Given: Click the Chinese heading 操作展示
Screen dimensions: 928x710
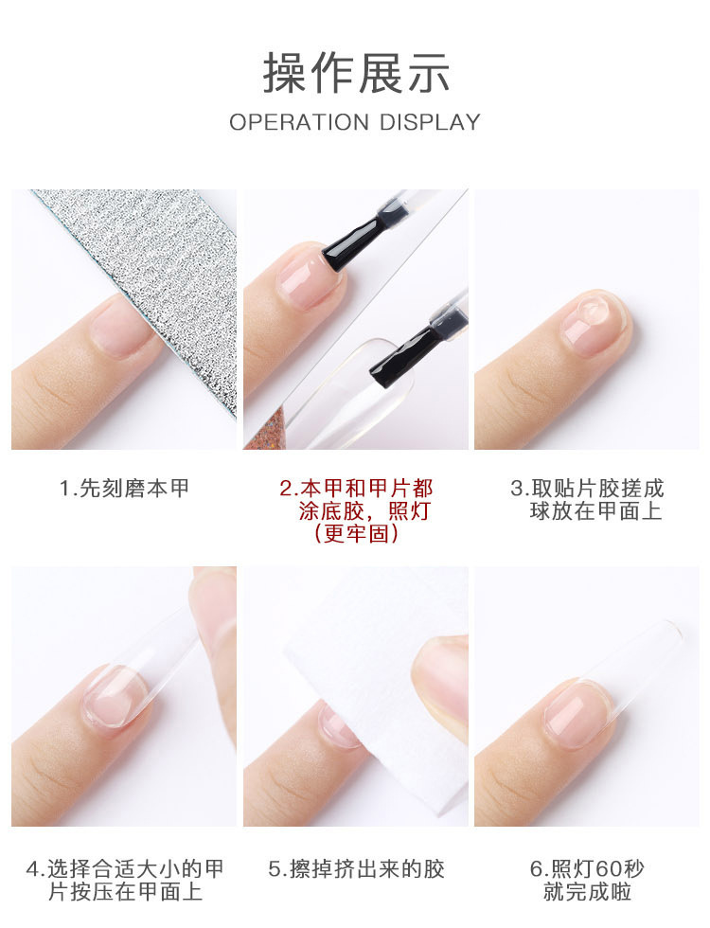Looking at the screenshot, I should click(356, 74).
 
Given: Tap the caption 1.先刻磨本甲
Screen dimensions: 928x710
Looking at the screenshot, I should click(124, 489).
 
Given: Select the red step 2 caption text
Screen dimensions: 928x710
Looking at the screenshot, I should click(356, 511).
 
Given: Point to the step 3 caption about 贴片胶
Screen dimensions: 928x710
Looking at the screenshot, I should click(587, 500).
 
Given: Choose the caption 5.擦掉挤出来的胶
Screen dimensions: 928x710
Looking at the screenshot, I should click(356, 869).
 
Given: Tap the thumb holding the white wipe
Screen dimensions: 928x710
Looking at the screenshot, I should click(443, 677).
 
